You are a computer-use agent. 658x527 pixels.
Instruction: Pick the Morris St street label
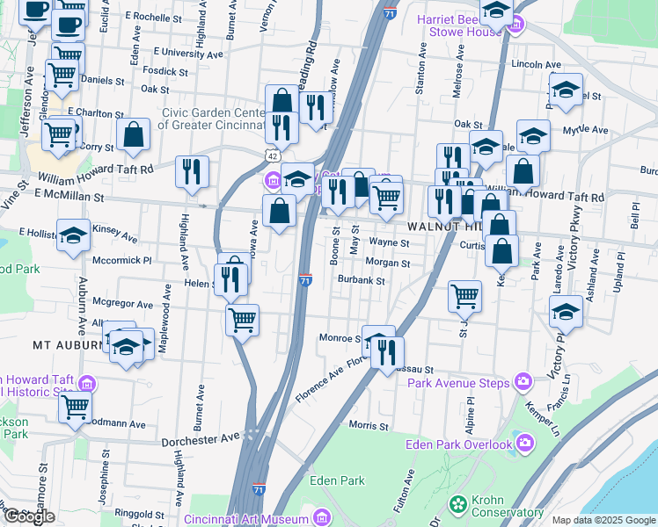point(369,426)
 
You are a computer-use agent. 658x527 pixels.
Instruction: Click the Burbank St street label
point(362,281)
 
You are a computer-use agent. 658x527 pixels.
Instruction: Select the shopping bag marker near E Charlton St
point(134,135)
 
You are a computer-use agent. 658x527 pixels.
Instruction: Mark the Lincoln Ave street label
point(536,64)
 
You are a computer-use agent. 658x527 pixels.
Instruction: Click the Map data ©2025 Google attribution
point(603,520)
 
